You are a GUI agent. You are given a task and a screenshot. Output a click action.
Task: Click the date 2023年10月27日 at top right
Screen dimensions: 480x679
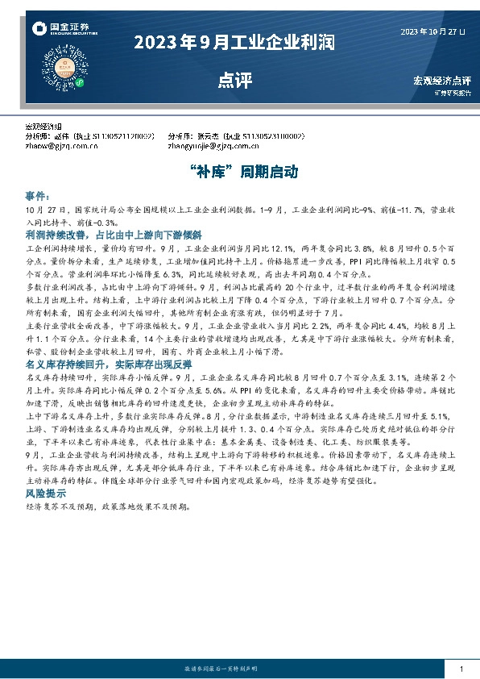[432, 31]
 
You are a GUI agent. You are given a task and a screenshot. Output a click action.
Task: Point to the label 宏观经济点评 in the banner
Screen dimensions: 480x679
[441, 81]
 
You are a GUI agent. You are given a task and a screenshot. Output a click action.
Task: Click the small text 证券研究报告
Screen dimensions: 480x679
[452, 93]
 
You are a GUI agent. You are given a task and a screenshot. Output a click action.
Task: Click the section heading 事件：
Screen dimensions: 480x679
[38, 196]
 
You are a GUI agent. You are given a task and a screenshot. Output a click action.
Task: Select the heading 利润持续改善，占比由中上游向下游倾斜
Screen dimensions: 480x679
[101, 233]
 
